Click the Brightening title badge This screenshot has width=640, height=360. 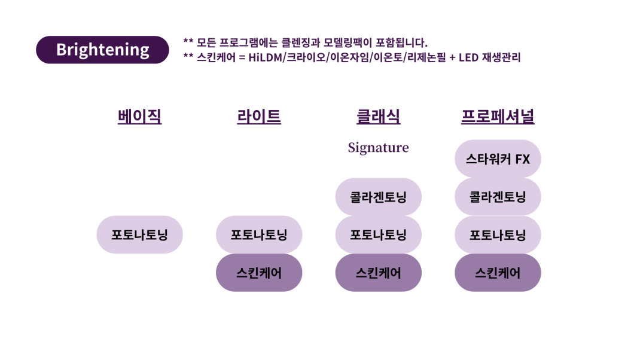click(x=102, y=50)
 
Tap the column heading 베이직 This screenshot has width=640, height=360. click(x=139, y=116)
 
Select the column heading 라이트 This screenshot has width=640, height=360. click(x=258, y=116)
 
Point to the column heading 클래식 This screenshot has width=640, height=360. click(x=378, y=116)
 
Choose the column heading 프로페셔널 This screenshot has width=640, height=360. click(x=498, y=116)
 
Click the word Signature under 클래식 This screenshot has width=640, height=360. click(x=378, y=147)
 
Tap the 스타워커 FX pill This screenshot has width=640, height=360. click(x=498, y=159)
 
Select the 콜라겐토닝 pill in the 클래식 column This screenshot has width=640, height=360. click(x=378, y=197)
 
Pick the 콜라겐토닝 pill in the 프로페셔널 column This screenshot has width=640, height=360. click(x=498, y=197)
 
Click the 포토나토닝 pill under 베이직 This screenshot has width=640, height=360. click(x=139, y=234)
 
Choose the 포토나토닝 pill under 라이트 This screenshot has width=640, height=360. click(x=258, y=234)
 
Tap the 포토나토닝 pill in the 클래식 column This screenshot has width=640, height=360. click(x=378, y=234)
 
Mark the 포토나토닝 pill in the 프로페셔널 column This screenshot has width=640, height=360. click(x=498, y=234)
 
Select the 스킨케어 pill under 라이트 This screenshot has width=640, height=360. click(x=258, y=273)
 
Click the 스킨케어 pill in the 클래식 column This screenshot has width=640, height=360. click(x=378, y=273)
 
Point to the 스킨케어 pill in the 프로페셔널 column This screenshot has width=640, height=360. click(x=498, y=273)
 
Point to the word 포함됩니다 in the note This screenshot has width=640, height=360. click(x=398, y=42)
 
